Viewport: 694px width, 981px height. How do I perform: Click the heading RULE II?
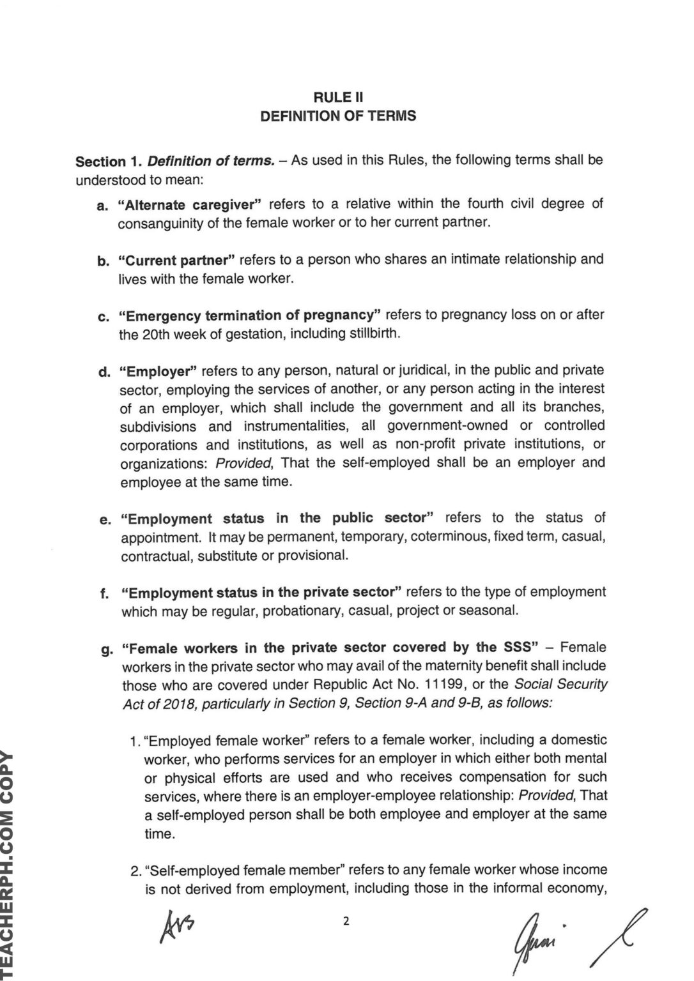(338, 97)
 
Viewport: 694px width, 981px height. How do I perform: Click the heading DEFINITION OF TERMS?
(338, 116)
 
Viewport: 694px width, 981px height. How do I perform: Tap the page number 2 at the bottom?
(346, 921)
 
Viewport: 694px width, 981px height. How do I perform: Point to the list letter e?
(105, 520)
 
